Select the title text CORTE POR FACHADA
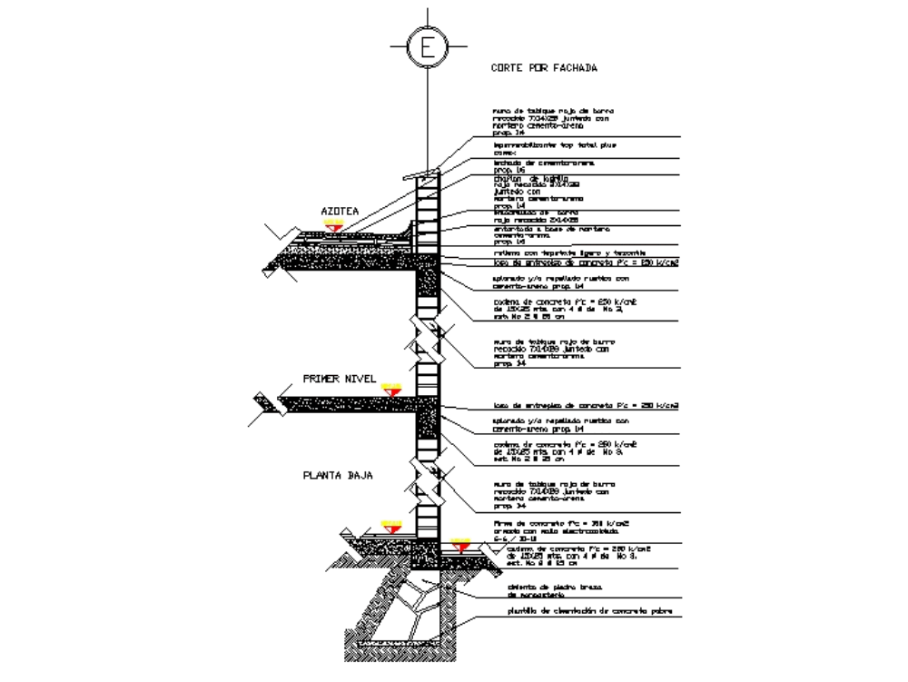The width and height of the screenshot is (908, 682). pyautogui.click(x=544, y=67)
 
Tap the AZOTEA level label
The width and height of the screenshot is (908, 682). pyautogui.click(x=340, y=211)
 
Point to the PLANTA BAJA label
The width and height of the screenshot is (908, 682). pyautogui.click(x=338, y=475)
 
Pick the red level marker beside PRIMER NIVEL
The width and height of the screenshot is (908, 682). pyautogui.click(x=391, y=390)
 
